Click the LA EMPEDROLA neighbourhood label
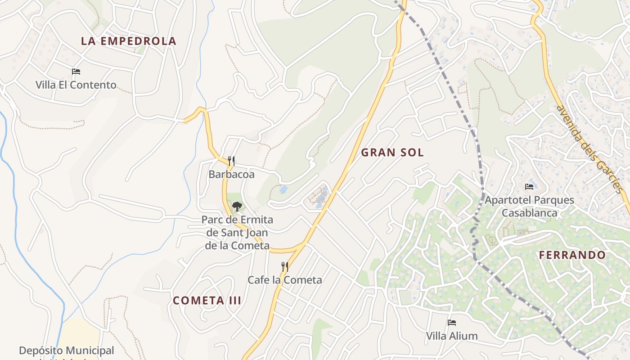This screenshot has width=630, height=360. click(x=128, y=41)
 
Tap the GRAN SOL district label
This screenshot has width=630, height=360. click(x=392, y=153)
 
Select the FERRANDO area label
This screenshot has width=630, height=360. click(x=572, y=255)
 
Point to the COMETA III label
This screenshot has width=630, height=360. click(x=207, y=301)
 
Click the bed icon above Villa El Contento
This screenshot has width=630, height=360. click(x=76, y=72)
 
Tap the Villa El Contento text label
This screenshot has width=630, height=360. click(x=76, y=85)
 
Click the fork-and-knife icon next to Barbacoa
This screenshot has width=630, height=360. click(x=231, y=161)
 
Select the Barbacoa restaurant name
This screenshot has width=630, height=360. click(x=231, y=174)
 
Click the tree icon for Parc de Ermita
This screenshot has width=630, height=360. click(x=237, y=207)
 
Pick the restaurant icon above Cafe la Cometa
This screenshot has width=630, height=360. click(x=284, y=267)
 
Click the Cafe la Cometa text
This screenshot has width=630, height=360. click(x=285, y=280)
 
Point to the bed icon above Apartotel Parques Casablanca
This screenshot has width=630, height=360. click(x=529, y=186)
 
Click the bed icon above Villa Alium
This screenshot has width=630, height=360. click(x=452, y=323)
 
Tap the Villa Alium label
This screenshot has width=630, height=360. click(x=452, y=336)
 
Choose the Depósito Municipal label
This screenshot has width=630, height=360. click(x=67, y=351)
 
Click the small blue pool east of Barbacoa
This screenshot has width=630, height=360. click(x=283, y=189)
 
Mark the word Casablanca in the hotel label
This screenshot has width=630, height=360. click(x=529, y=213)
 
